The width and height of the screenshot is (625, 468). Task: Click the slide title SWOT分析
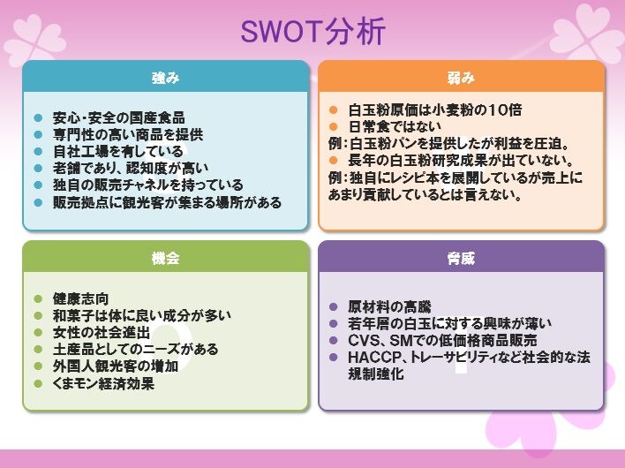313,32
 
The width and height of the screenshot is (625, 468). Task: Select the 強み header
165,78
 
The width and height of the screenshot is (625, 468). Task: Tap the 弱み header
461,78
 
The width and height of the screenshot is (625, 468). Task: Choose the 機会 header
165,259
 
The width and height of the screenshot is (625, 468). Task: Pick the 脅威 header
461,259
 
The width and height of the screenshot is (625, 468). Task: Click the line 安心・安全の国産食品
118,118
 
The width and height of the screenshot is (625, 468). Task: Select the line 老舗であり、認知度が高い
131,169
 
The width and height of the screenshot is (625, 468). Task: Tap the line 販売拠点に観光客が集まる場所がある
167,202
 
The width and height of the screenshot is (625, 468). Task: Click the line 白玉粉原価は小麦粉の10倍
435,110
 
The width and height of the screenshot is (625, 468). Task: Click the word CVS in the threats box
364,341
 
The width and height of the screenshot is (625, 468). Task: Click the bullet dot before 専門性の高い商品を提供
38,135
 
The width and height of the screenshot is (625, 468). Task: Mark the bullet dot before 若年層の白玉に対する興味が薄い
334,324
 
